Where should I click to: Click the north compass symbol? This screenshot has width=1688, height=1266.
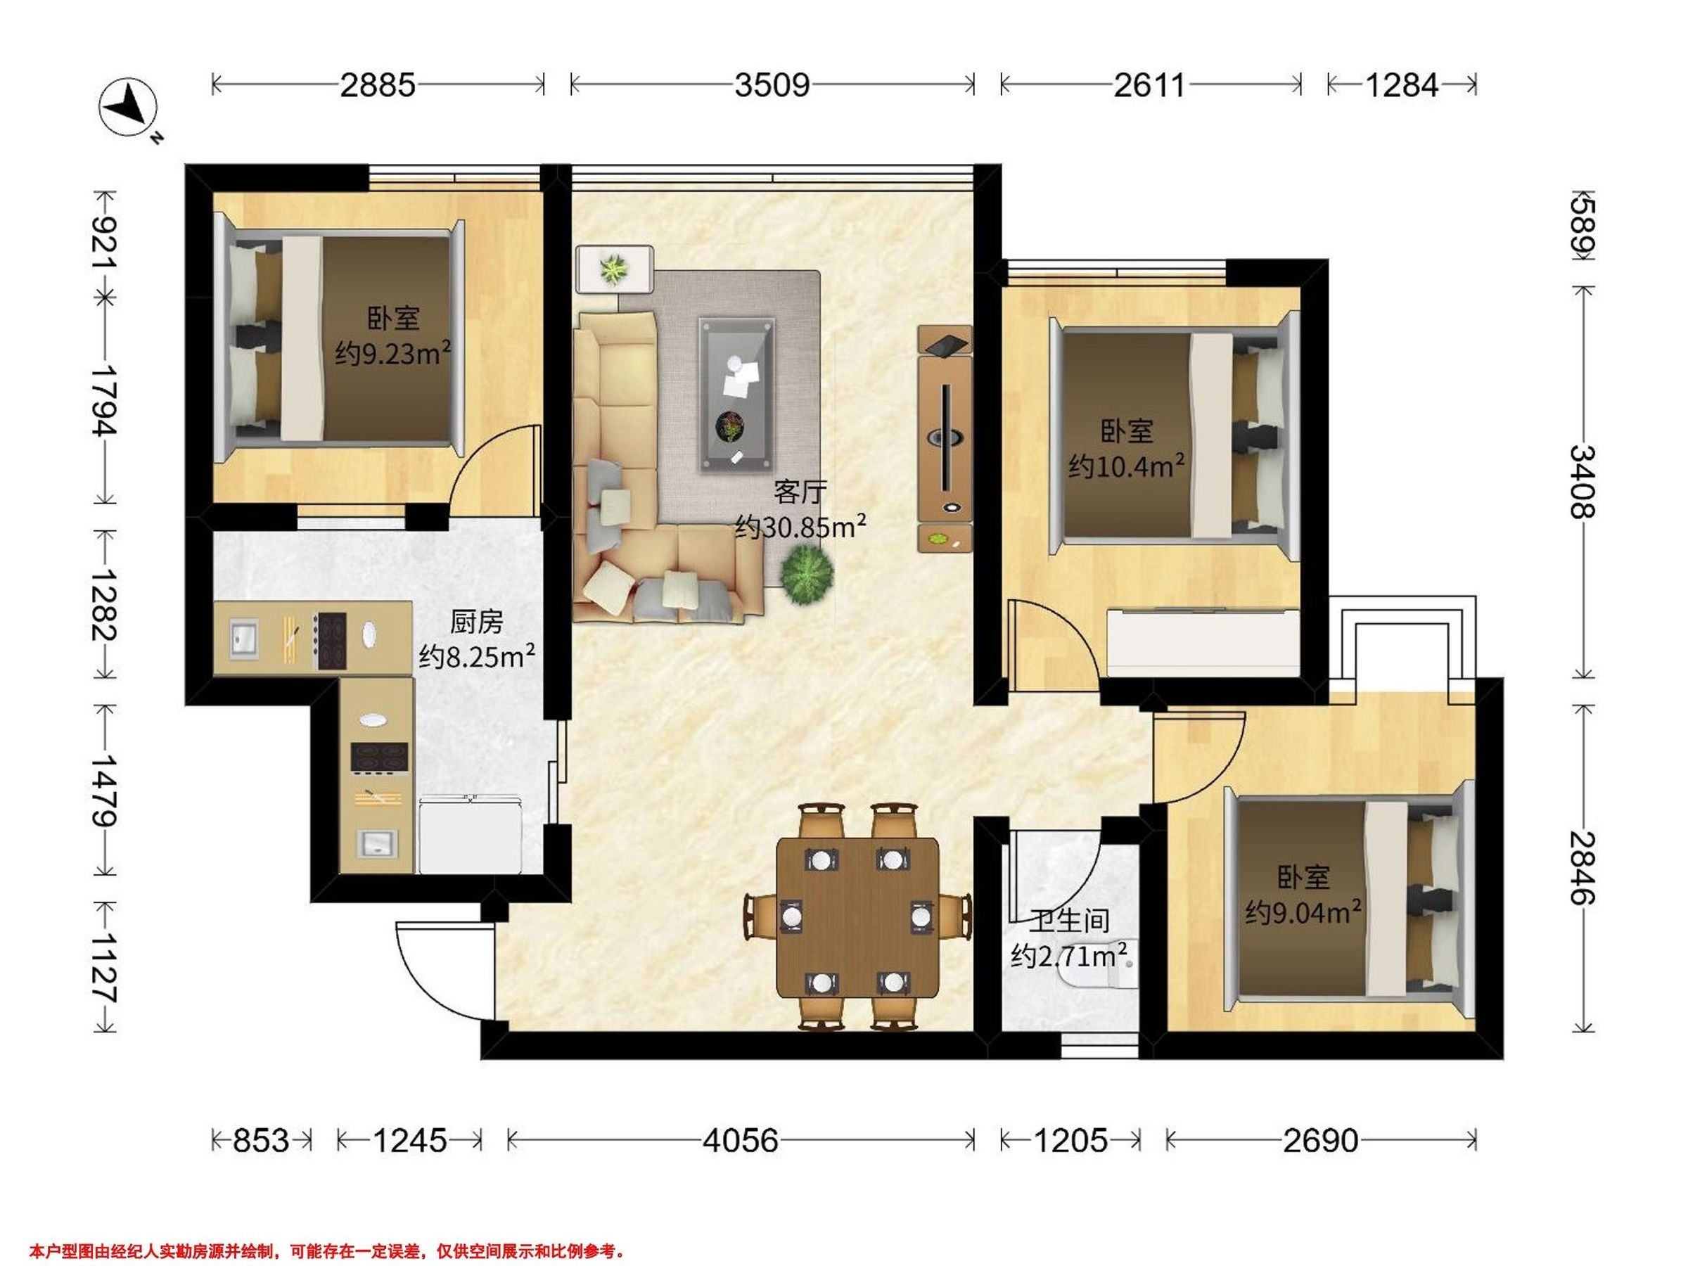(x=129, y=108)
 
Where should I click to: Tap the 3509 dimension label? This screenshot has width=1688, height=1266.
(x=772, y=84)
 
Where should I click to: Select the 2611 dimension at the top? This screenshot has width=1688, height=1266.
(x=1149, y=84)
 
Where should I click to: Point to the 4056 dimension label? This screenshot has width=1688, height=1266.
(x=740, y=1140)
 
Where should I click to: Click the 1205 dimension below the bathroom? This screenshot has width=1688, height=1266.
(x=1070, y=1140)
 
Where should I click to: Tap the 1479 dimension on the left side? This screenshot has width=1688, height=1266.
(x=104, y=791)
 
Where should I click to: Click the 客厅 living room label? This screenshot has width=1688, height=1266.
(x=800, y=492)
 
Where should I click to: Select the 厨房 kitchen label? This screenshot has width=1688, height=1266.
(x=476, y=622)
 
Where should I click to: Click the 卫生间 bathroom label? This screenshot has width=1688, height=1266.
(x=1068, y=921)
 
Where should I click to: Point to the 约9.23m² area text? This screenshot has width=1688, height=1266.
(x=393, y=353)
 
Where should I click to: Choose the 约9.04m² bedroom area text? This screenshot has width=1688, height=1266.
(x=1303, y=911)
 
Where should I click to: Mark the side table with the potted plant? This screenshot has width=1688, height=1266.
(x=614, y=268)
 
